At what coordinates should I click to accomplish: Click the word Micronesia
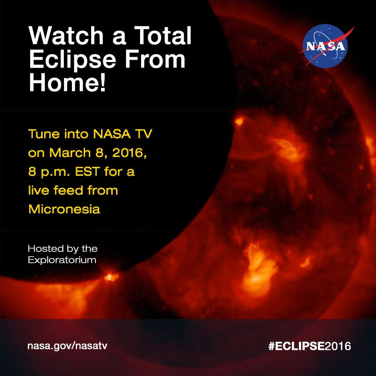64,209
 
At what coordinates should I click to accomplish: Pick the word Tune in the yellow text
43,135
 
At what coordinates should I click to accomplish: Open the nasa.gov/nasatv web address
70,347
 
